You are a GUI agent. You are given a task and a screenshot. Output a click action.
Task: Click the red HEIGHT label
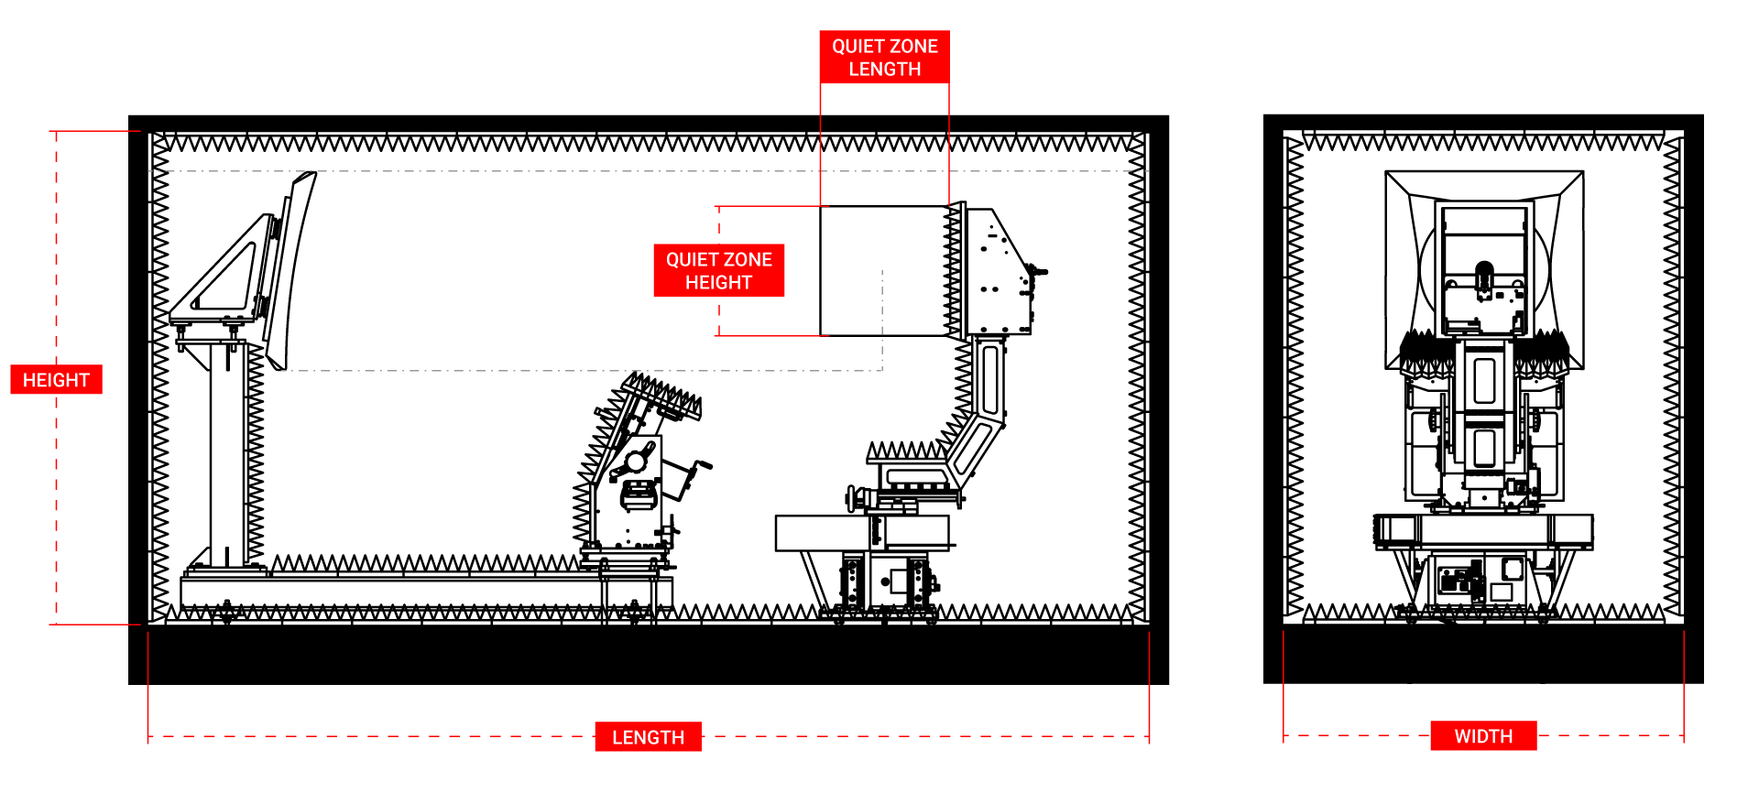point(56,379)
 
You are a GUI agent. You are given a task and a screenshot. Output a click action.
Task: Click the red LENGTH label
point(648,737)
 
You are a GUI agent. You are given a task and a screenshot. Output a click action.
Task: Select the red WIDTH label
point(1483,736)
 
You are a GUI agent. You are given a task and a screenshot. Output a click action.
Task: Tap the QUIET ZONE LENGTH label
point(884,57)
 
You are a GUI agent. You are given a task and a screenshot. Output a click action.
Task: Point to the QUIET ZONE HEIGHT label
point(718,270)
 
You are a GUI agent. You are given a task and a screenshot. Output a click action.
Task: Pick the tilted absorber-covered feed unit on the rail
point(632,467)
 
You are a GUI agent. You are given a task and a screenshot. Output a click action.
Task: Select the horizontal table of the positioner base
point(861,532)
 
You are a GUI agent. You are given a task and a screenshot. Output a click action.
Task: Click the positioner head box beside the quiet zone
point(999,275)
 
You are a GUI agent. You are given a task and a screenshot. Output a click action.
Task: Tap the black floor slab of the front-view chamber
point(1483,654)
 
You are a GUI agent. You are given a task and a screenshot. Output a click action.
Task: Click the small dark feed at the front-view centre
point(1483,274)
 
